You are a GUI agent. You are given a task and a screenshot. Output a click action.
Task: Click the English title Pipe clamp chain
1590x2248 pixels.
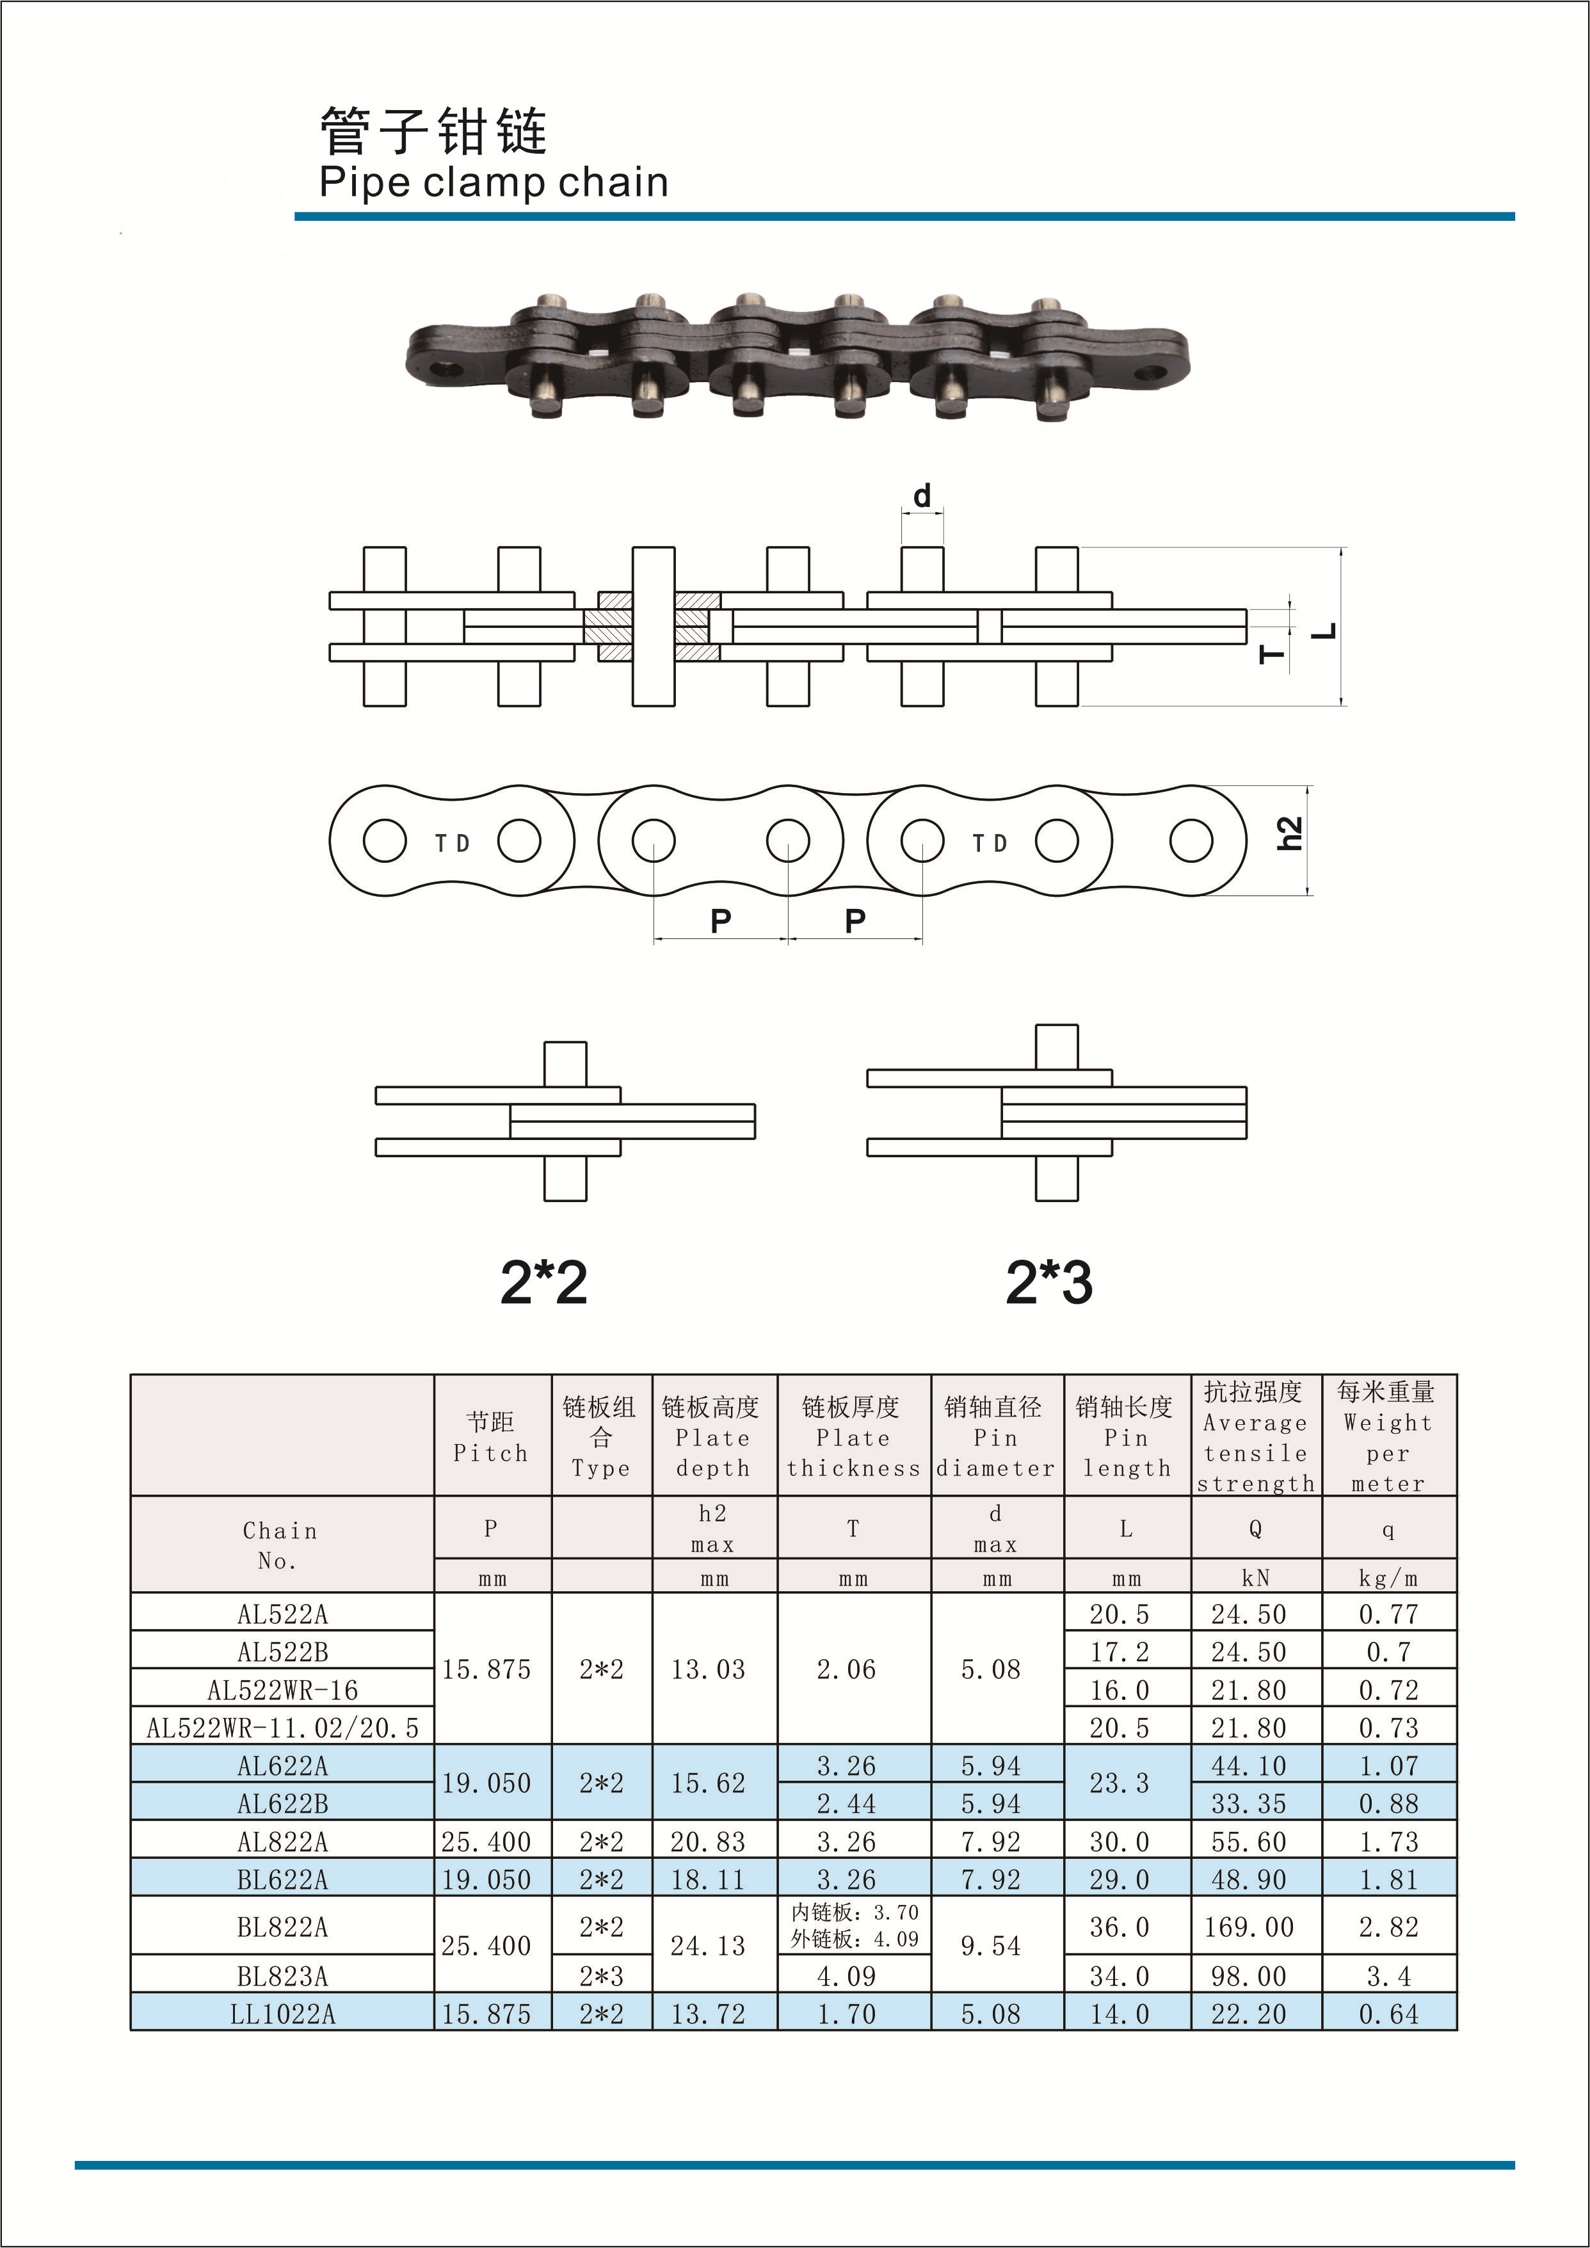494,183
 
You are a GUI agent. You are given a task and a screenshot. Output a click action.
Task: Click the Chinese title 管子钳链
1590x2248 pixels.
434,131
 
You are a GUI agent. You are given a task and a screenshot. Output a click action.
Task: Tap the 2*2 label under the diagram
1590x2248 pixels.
543,1283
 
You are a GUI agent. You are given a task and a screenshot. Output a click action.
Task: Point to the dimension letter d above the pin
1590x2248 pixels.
922,497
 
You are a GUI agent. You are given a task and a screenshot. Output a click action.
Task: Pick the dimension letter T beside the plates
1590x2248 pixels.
1272,654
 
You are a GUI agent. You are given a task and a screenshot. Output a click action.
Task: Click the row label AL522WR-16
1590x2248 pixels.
283,1690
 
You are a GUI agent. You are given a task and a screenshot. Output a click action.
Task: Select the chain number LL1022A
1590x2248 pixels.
283,2014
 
